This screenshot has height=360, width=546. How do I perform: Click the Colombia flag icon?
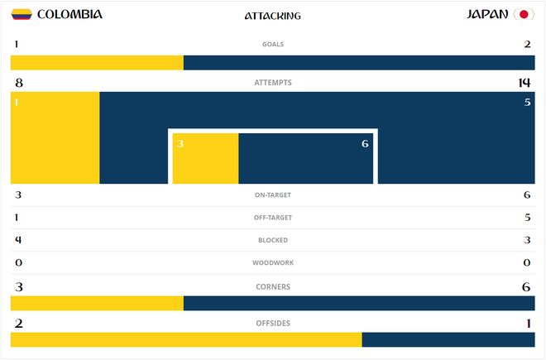click(x=22, y=15)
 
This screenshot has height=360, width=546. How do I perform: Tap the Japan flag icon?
click(x=523, y=15)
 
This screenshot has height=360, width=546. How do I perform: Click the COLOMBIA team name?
click(x=70, y=15)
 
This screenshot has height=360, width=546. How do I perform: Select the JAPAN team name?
click(x=488, y=15)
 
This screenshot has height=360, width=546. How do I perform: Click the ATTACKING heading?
click(x=273, y=16)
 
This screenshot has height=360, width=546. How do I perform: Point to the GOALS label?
click(x=273, y=45)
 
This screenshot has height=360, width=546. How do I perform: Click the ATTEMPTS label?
click(x=273, y=83)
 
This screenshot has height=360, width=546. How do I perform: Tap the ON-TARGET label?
click(x=273, y=195)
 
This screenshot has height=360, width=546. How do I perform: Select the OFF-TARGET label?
click(x=273, y=218)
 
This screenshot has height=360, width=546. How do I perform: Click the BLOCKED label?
click(x=273, y=240)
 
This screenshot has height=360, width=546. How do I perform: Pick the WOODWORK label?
click(x=273, y=263)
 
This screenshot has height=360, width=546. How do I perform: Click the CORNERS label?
click(x=273, y=286)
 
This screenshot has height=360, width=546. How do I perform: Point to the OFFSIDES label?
click(x=273, y=323)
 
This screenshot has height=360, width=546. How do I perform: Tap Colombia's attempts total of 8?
click(x=18, y=83)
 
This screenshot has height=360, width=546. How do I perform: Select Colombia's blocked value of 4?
click(x=18, y=240)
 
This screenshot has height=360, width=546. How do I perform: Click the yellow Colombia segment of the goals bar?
click(x=97, y=63)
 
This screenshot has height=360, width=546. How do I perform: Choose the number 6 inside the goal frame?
click(x=365, y=144)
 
